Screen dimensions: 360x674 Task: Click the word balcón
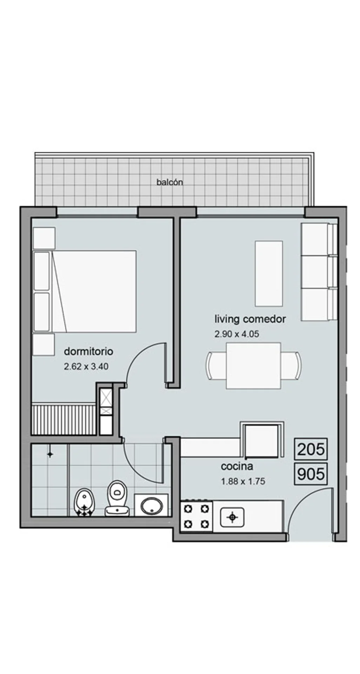coord(170,182)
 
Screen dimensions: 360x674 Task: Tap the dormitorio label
coord(88,351)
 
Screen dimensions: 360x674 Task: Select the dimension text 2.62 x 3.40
coord(86,366)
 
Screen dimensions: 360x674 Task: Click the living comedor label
coord(250,319)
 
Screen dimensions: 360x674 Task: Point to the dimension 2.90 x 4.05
coord(237,334)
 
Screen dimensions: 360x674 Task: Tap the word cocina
coord(237,467)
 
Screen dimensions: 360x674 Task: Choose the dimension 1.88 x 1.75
coord(243,481)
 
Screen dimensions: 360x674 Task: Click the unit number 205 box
coord(311,449)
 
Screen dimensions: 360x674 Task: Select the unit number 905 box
coord(311,474)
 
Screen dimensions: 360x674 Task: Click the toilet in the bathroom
coord(117,498)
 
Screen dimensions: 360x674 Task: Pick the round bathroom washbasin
coord(152,505)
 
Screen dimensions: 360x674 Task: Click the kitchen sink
coord(232,517)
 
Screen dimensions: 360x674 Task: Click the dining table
coord(253,365)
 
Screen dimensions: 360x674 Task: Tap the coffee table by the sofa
coord(269,273)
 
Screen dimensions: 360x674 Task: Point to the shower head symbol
coord(50,454)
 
